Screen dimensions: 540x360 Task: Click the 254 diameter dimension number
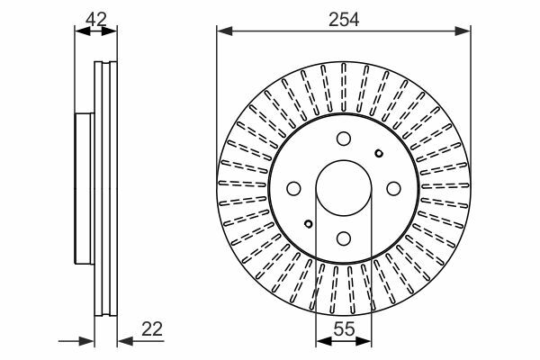coord(344,20)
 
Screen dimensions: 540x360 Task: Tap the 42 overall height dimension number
coord(96,19)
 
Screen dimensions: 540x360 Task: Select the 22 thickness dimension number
coord(152,329)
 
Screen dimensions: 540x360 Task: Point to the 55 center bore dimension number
coord(344,329)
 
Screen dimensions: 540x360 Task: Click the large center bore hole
coord(344,188)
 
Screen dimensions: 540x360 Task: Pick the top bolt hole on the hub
coord(344,139)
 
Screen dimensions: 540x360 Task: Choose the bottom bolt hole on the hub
coord(344,238)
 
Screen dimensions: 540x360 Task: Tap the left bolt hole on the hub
coord(293,188)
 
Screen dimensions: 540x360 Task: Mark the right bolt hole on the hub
coord(393,188)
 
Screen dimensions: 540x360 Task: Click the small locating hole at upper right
coord(379,153)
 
